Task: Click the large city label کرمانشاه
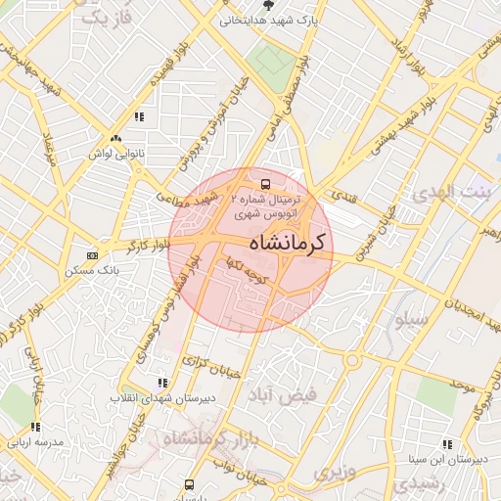291,242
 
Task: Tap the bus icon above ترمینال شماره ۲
263,183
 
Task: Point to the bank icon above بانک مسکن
93,254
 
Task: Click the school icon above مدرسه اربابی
36,427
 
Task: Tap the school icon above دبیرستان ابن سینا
447,443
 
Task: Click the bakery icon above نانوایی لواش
115,139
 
